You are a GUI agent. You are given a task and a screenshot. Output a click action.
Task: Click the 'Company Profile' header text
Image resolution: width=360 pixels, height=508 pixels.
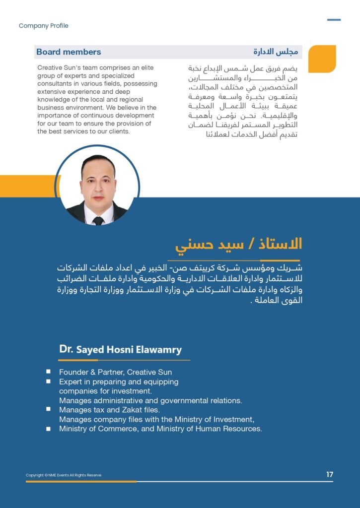(x=43, y=26)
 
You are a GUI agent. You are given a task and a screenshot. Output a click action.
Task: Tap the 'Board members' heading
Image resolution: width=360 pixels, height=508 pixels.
(x=69, y=52)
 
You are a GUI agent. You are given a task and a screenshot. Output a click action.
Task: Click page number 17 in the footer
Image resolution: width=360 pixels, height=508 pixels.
(x=330, y=475)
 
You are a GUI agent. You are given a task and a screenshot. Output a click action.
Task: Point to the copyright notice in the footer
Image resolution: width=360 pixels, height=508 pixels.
(x=64, y=475)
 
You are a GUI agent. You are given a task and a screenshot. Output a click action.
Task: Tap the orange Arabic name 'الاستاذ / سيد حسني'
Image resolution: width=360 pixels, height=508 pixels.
(x=239, y=245)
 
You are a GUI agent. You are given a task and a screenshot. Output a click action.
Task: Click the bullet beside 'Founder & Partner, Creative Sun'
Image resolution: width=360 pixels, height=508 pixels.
(x=48, y=372)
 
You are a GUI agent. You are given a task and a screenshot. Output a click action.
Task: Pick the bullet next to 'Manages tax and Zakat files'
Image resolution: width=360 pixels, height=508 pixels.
(x=48, y=409)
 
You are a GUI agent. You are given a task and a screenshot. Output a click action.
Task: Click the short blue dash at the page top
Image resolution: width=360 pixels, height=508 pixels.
(x=334, y=20)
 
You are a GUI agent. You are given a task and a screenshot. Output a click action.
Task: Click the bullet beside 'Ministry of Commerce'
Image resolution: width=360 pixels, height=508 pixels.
(x=48, y=428)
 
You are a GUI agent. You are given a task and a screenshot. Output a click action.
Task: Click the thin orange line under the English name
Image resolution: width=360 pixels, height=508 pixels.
(x=125, y=360)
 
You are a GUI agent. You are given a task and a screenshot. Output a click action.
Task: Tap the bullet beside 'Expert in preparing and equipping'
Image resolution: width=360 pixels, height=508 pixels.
(x=48, y=381)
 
